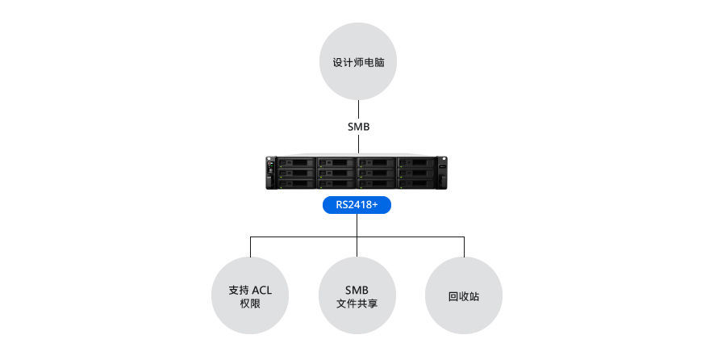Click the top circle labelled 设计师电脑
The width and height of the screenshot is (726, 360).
tap(358, 61)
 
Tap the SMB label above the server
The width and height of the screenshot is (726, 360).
tap(358, 127)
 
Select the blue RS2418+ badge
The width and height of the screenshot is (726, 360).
tap(357, 206)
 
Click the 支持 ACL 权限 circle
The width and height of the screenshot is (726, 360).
tap(250, 296)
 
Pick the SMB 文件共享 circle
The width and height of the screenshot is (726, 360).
tap(357, 296)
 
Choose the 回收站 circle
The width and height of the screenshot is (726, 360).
tap(464, 296)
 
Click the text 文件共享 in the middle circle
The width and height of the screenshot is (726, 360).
tap(357, 304)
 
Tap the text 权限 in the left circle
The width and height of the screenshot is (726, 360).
tap(250, 304)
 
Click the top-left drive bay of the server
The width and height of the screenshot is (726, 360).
tap(296, 162)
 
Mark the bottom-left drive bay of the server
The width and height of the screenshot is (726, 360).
tap(296, 182)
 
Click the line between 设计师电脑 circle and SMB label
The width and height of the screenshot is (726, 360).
tap(358, 108)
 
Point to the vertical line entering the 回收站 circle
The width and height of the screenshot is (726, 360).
tap(464, 247)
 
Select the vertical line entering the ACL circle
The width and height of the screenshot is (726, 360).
tap(250, 247)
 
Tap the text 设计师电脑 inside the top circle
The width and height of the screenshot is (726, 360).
tap(358, 61)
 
